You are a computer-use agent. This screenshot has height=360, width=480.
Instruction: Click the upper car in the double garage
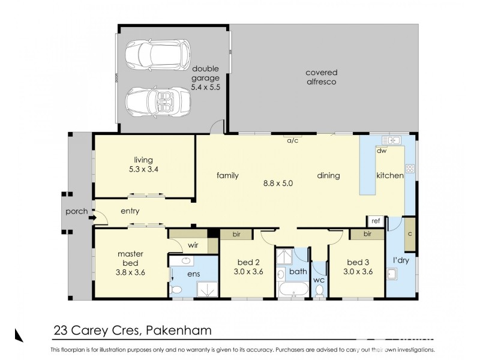click(157, 55)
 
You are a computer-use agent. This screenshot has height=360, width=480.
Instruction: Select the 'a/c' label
click(292, 141)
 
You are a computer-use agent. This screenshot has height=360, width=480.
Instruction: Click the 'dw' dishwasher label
click(380, 151)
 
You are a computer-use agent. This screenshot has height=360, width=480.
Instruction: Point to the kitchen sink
click(391, 140)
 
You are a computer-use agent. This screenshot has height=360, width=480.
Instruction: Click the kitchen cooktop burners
click(411, 169)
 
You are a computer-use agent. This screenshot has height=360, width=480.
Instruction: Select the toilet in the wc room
click(319, 290)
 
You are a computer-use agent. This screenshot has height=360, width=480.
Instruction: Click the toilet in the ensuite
click(176, 290)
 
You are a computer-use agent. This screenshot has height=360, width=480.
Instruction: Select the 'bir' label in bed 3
click(367, 234)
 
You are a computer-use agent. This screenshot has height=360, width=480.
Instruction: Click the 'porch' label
click(77, 211)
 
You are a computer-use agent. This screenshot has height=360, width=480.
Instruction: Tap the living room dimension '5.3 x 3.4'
click(144, 169)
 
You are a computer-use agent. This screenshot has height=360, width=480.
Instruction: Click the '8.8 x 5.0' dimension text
click(277, 184)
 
